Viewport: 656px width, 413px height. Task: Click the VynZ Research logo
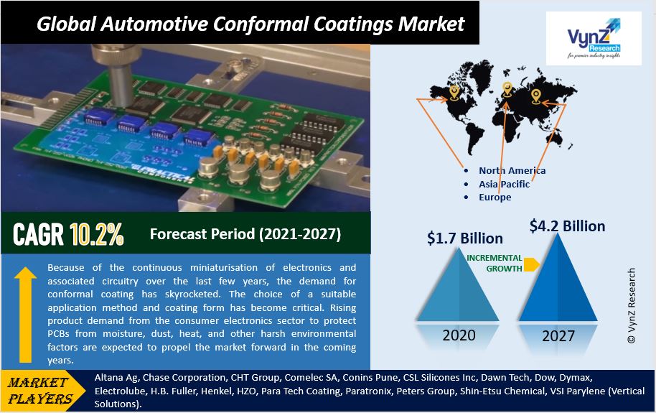pos(594,39)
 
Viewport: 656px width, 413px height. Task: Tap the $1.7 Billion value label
pos(465,238)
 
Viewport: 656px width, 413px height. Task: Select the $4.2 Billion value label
pos(567,226)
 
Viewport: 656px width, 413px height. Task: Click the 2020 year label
pos(459,335)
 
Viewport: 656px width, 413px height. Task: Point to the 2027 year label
pos(558,336)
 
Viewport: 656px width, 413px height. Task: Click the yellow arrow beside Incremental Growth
pos(531,264)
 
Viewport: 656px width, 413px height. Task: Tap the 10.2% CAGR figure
pos(97,233)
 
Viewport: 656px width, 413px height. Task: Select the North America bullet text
pos(512,170)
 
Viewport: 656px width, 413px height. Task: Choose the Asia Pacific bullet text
pos(504,184)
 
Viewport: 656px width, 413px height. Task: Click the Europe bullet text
pos(495,198)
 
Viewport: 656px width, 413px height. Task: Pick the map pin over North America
pos(454,93)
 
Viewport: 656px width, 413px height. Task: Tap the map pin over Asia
pos(536,96)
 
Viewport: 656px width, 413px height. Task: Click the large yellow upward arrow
pos(26,315)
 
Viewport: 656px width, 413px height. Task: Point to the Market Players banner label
pos(40,391)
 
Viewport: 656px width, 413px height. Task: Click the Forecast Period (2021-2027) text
pos(245,233)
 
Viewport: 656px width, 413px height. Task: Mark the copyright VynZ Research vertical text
pos(631,306)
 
